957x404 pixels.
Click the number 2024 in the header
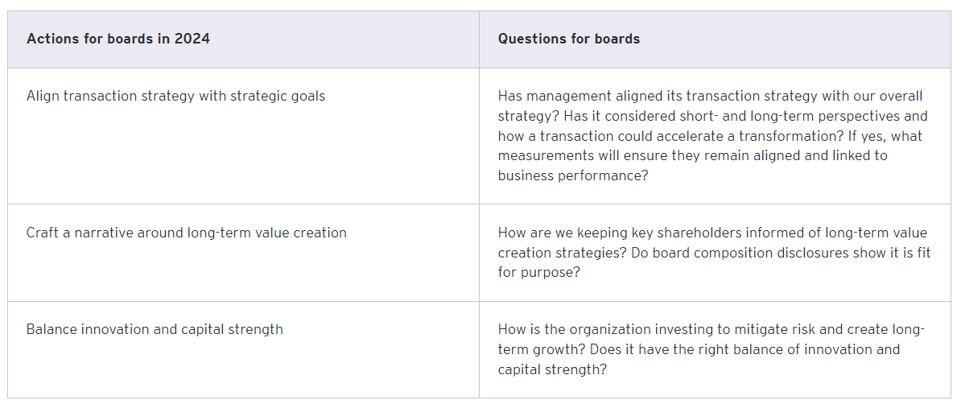[x=192, y=39]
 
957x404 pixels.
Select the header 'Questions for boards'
[x=568, y=39]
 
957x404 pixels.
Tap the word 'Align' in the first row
[x=43, y=96]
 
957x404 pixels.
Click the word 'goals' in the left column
[x=307, y=96]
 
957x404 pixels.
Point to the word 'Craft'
[x=43, y=233]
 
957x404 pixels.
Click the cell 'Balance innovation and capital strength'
[x=155, y=329]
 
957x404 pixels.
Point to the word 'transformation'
[x=811, y=136]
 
